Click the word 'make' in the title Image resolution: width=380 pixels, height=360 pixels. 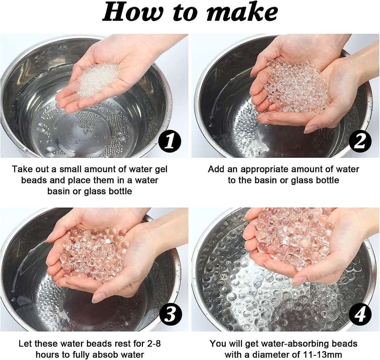click(x=241, y=12)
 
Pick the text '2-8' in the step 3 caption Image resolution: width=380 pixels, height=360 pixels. click(x=153, y=343)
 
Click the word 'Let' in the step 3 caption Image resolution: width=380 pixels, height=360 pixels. click(x=26, y=343)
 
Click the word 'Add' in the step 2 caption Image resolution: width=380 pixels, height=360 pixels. click(x=216, y=169)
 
